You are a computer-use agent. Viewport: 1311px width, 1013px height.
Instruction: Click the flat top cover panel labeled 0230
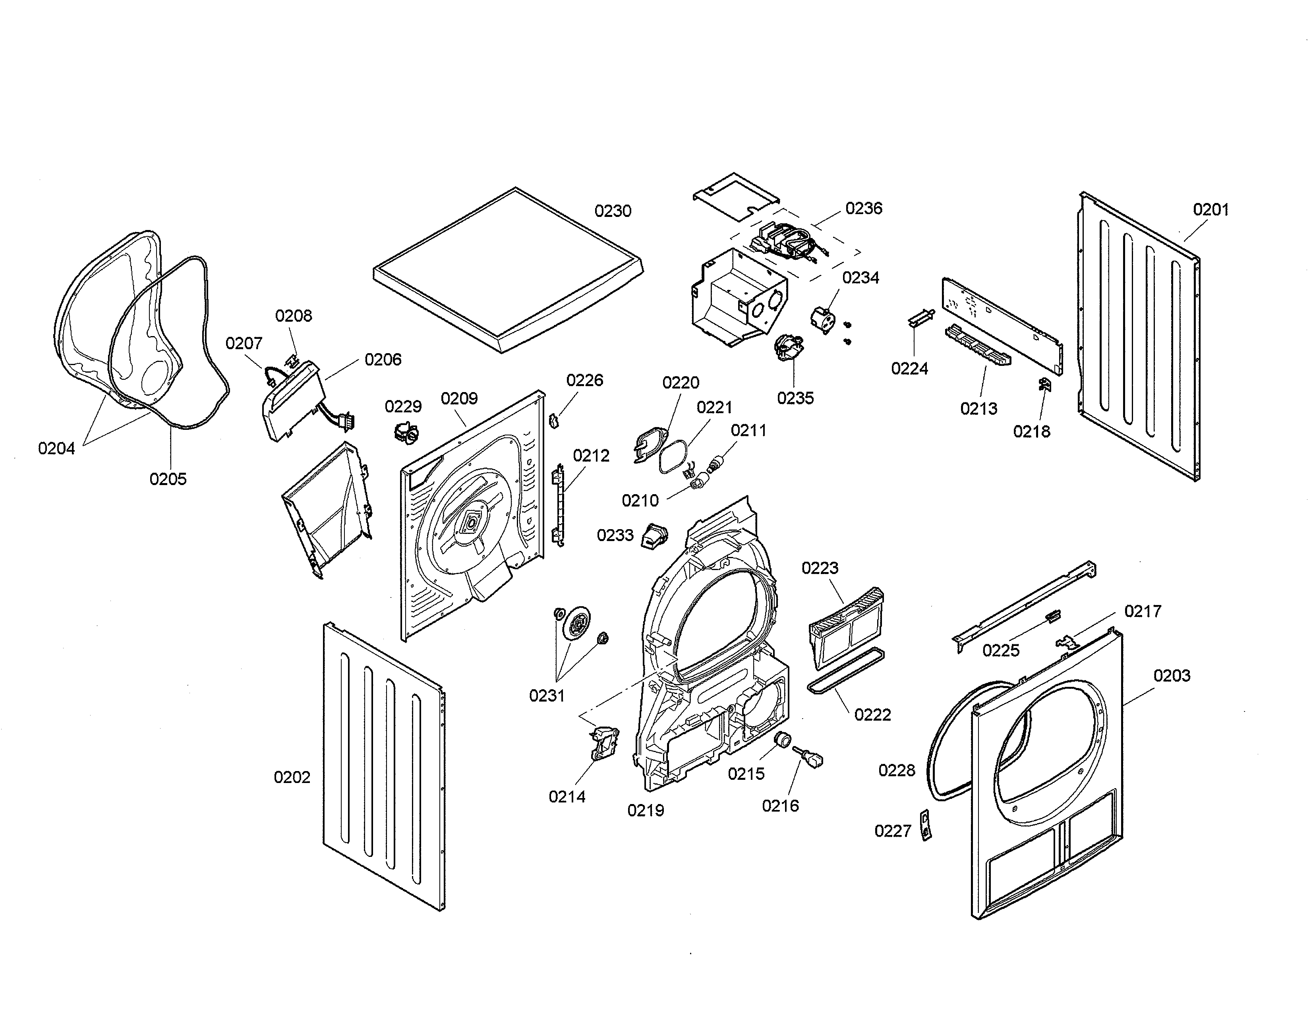[x=507, y=270]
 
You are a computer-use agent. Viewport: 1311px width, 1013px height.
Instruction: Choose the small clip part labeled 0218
[x=1044, y=384]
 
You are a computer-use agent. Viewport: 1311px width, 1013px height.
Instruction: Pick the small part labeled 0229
[x=406, y=431]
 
